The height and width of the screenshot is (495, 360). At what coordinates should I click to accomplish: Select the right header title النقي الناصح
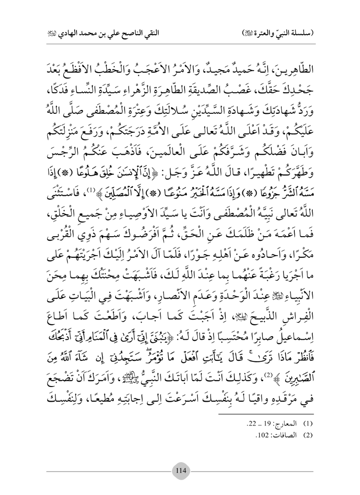pos(270,32)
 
